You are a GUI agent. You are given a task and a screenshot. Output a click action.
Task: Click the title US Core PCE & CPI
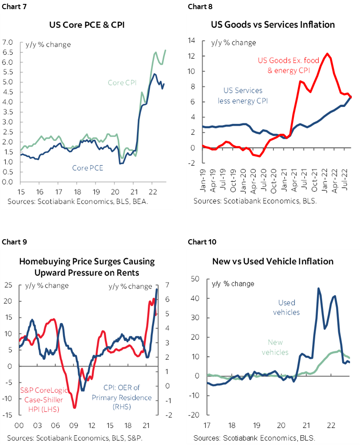point(90,25)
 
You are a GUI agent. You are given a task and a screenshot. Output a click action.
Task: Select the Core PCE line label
point(88,167)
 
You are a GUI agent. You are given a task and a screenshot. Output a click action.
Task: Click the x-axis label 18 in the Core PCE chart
point(77,192)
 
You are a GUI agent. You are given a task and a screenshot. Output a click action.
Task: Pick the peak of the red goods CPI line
point(327,54)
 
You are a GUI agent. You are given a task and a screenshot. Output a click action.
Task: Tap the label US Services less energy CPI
point(243,96)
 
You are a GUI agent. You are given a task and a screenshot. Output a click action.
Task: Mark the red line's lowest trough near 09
point(75,408)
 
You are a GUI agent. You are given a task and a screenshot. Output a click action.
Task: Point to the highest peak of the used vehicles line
point(318,288)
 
